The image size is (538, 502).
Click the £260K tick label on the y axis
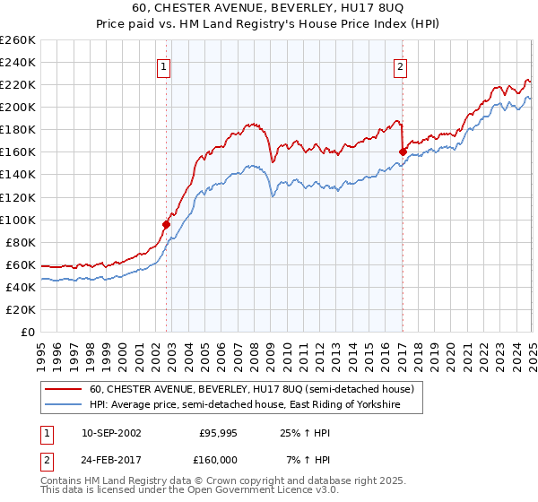18,39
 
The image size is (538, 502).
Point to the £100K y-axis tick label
18,220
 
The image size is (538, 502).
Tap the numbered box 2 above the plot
400,65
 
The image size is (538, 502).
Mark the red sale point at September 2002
167,224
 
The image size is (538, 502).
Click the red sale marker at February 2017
403,151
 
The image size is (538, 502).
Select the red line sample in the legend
64,390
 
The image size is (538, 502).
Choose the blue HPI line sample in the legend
64,405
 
